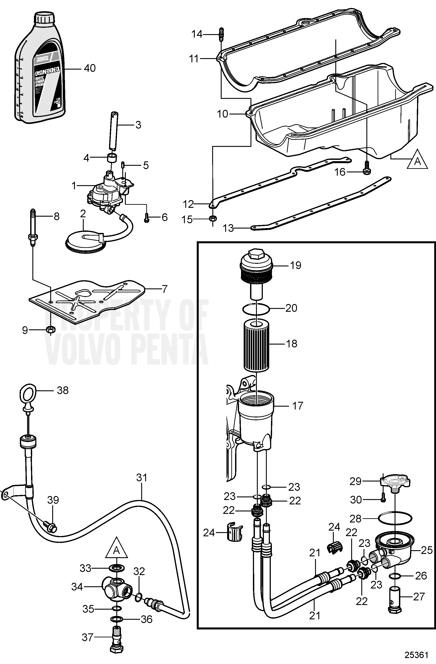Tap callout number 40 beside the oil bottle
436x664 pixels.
tap(90, 68)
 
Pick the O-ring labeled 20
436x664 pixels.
tap(256, 309)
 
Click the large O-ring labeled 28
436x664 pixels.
tap(395, 519)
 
